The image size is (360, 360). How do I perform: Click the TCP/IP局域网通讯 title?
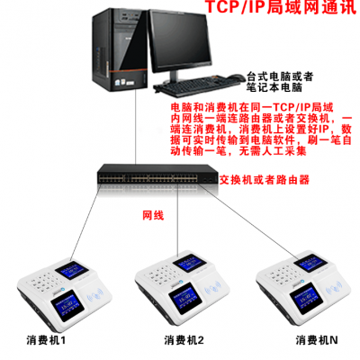point(282,6)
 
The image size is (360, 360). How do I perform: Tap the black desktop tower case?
point(120,49)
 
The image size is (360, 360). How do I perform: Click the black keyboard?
point(196,86)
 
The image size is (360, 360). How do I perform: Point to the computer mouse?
point(236,77)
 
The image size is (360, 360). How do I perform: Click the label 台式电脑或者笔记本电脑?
point(280,82)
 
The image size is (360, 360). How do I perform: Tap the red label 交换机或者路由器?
point(265,180)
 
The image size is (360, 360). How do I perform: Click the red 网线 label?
point(153,215)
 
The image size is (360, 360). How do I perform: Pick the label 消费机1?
point(46,340)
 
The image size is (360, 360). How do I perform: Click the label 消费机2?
point(184,340)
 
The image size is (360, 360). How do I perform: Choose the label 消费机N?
point(317,340)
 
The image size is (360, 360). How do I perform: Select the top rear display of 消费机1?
point(72,270)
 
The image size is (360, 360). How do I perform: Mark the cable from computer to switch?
point(136,127)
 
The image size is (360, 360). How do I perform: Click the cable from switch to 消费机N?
point(248,221)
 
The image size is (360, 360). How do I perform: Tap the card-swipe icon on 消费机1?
point(95,297)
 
